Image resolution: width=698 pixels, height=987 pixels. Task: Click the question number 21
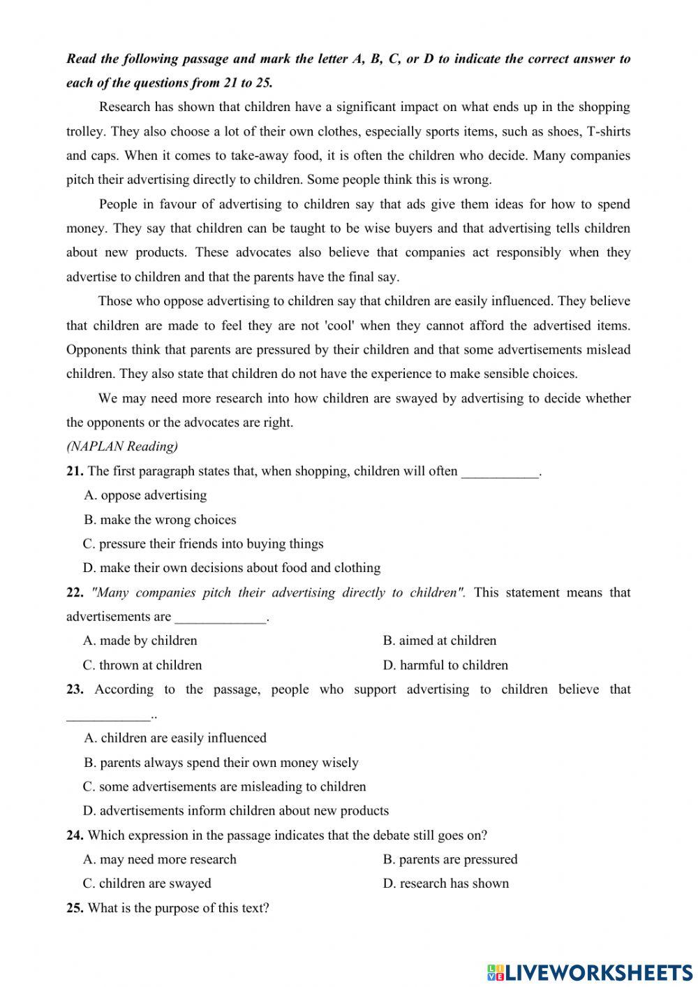pyautogui.click(x=75, y=471)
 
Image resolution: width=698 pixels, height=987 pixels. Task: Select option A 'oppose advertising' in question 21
pyautogui.click(x=145, y=495)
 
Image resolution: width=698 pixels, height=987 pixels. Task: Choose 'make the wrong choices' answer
pyautogui.click(x=160, y=520)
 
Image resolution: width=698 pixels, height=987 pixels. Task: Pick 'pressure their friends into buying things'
pyautogui.click(x=202, y=543)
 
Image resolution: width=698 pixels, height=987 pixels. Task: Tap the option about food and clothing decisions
pyautogui.click(x=232, y=568)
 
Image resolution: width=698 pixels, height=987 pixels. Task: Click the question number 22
pyautogui.click(x=75, y=592)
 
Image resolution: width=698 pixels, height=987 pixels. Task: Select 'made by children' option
pyautogui.click(x=140, y=641)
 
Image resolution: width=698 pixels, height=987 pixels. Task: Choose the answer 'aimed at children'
pyautogui.click(x=439, y=641)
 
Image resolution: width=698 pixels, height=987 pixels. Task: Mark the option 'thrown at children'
pyautogui.click(x=142, y=665)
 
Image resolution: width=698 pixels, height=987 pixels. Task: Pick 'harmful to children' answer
pyautogui.click(x=445, y=665)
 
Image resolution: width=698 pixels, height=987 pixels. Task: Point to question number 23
pyautogui.click(x=75, y=689)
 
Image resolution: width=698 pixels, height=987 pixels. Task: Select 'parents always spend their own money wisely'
pyautogui.click(x=221, y=762)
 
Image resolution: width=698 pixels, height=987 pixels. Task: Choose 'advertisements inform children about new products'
pyautogui.click(x=236, y=811)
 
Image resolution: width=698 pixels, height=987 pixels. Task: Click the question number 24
pyautogui.click(x=75, y=835)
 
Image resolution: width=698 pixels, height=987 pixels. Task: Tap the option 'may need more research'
pyautogui.click(x=160, y=859)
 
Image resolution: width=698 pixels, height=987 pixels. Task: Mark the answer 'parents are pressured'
pyautogui.click(x=450, y=859)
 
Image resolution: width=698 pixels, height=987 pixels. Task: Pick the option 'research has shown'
pyautogui.click(x=445, y=884)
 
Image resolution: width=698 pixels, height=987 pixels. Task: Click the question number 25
pyautogui.click(x=75, y=908)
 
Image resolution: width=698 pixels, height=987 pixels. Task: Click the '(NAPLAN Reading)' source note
pyautogui.click(x=122, y=446)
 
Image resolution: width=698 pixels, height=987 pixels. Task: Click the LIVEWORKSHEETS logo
pyautogui.click(x=590, y=972)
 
